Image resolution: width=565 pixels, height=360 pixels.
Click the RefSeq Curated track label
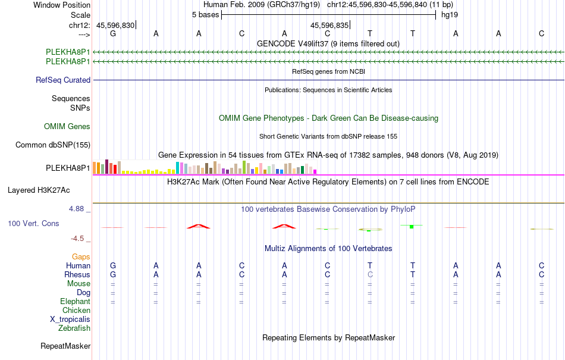pos(63,80)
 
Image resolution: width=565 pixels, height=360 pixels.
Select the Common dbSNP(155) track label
pos(53,145)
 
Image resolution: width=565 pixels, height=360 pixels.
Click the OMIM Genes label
pos(67,126)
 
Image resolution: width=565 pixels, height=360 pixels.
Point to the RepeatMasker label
pos(65,346)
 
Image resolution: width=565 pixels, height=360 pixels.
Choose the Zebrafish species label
pos(74,328)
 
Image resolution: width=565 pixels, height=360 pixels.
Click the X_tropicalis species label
pos(70,319)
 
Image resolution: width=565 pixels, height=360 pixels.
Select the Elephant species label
pos(75,301)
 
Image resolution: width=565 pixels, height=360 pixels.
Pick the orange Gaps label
pos(81,256)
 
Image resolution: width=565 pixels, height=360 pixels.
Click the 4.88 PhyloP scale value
pos(78,209)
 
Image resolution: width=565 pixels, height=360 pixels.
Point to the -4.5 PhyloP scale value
pos(78,239)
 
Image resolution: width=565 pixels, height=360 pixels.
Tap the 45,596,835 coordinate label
pos(329,25)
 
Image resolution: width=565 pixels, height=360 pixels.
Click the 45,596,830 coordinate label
pos(115,25)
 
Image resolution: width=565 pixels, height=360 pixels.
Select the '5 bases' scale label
pos(205,15)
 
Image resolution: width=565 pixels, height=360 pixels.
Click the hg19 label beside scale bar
pos(449,15)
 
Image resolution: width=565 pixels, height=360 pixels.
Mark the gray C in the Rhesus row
pos(370,274)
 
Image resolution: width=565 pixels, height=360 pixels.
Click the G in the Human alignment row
pos(113,265)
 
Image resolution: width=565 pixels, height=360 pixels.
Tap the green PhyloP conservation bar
pos(412,226)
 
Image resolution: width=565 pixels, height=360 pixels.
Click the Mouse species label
pos(79,283)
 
